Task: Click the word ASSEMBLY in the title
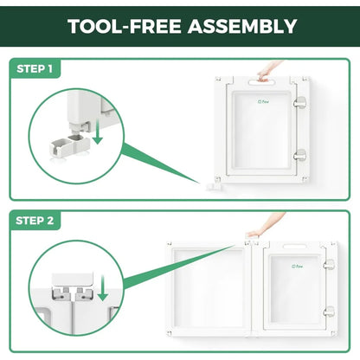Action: pyautogui.click(x=242, y=26)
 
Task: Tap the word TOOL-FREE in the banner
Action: pyautogui.click(x=125, y=26)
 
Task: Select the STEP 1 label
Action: pyautogui.click(x=35, y=68)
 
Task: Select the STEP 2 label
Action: pyautogui.click(x=35, y=221)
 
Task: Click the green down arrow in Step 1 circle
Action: pyautogui.click(x=98, y=132)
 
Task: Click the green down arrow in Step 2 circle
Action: pyautogui.click(x=102, y=288)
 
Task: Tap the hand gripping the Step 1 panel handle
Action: pyautogui.click(x=267, y=72)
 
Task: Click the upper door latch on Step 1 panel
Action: pyautogui.click(x=299, y=102)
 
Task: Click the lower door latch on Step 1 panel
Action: pyautogui.click(x=299, y=155)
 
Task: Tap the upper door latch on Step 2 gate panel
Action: pyautogui.click(x=329, y=264)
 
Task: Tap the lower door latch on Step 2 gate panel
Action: pyautogui.click(x=329, y=312)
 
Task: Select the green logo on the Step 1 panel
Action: pyautogui.click(x=263, y=101)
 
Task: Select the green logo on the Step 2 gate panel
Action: pyautogui.click(x=297, y=267)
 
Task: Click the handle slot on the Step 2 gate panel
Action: pyautogui.click(x=294, y=247)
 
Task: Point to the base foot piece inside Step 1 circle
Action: pyautogui.click(x=70, y=144)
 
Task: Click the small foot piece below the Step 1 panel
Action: pyautogui.click(x=214, y=187)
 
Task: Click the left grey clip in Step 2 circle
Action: pyautogui.click(x=61, y=292)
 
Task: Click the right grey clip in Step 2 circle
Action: pyautogui.click(x=84, y=292)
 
